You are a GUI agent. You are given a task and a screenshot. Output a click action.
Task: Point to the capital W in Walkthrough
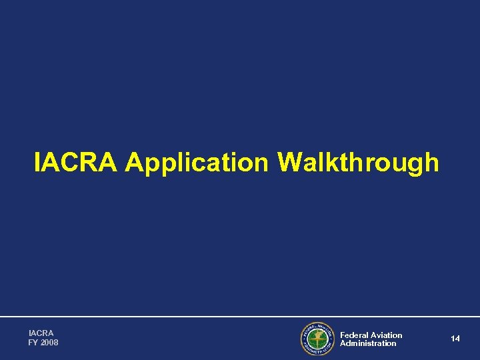292,162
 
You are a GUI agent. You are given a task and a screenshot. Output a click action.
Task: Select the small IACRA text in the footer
41,333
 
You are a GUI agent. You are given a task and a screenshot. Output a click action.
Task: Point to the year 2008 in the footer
50,343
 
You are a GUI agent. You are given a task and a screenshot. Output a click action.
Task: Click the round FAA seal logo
317,339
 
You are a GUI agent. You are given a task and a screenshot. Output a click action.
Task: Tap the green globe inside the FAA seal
317,339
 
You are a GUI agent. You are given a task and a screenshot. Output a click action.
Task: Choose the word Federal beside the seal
354,335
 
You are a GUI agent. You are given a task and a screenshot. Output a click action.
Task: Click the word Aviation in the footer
387,335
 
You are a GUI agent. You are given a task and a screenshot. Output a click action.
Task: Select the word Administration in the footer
368,343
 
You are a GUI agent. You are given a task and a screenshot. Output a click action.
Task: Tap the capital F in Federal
343,335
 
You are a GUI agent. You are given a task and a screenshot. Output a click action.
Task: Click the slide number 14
455,339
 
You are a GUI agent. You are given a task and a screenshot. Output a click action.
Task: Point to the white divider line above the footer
240,317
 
